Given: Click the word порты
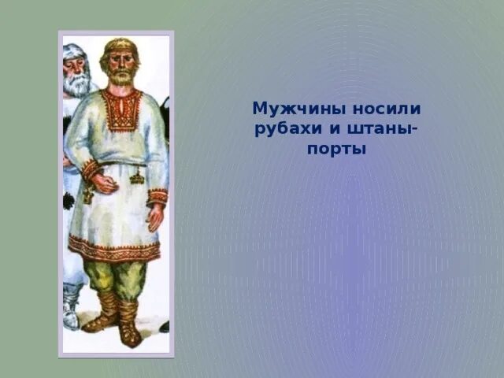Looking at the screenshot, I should (x=337, y=148).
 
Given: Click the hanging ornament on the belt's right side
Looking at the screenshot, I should (x=137, y=176).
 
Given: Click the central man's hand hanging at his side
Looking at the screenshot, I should (x=157, y=216).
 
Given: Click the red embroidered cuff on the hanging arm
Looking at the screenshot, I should (x=157, y=196).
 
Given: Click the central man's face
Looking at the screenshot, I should (x=120, y=65).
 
